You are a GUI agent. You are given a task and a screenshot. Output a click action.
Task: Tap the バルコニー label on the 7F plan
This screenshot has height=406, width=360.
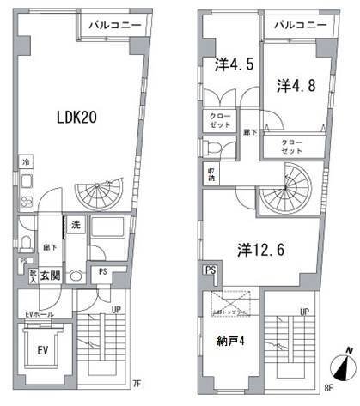pyautogui.click(x=119, y=27)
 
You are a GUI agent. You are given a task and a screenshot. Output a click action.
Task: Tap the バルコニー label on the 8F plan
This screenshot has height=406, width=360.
pyautogui.click(x=300, y=27)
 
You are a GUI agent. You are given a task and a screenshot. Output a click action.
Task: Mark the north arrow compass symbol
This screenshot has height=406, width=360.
pyautogui.click(x=344, y=371)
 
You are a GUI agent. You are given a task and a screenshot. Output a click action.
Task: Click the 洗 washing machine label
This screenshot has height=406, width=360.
pyautogui.click(x=75, y=225)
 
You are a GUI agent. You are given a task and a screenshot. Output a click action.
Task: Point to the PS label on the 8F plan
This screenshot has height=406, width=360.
pyautogui.click(x=209, y=270)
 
